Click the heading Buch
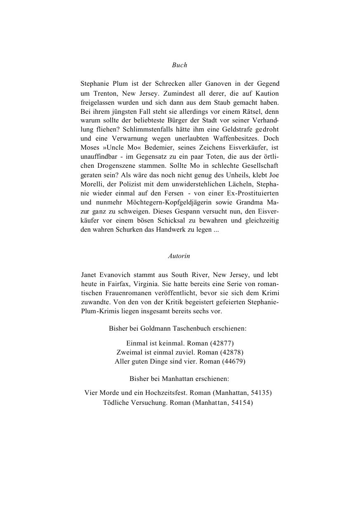pyautogui.click(x=179, y=65)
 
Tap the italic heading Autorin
pyautogui.click(x=179, y=256)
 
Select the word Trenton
pyautogui.click(x=105, y=94)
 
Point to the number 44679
pyautogui.click(x=234, y=361)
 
